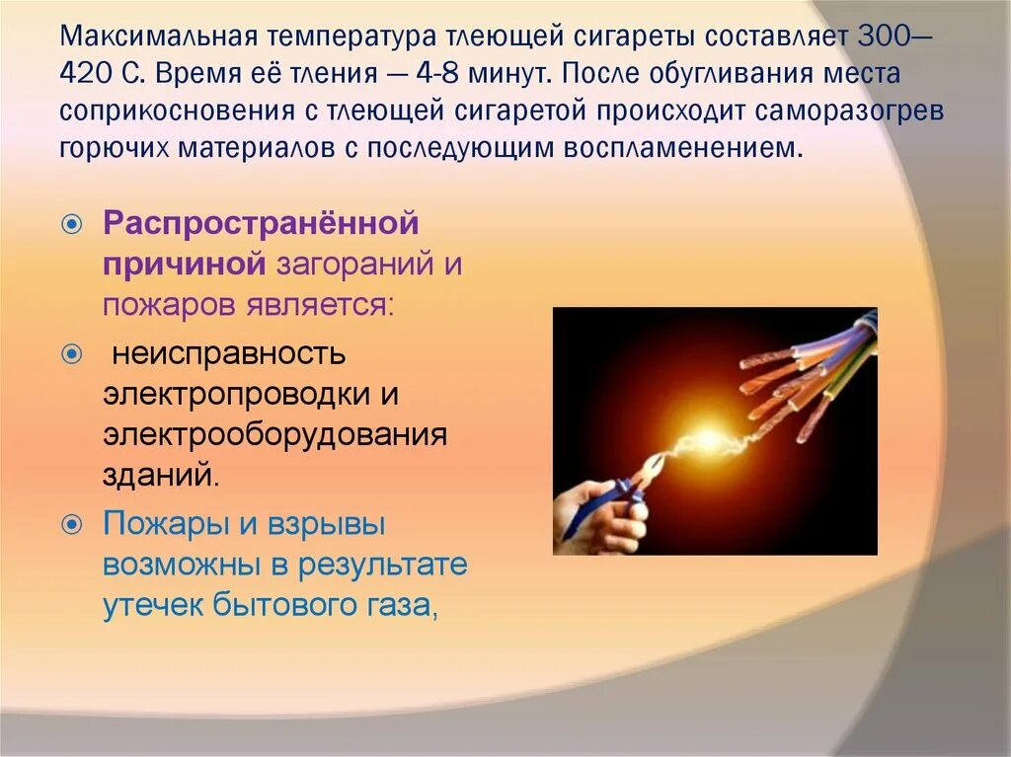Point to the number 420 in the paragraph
85,75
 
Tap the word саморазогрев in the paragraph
850,111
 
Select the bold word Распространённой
262,223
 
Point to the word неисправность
228,352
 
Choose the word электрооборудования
275,434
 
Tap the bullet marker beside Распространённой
71,225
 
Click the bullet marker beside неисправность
71,353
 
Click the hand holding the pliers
602,513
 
